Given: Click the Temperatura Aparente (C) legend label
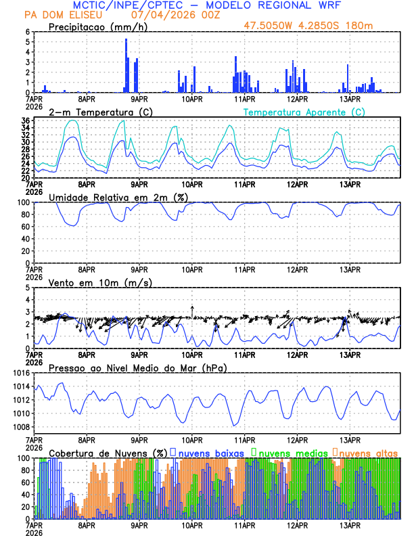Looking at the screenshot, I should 304,112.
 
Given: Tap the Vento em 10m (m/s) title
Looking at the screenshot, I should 91,282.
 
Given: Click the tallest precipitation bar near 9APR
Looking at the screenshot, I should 126,65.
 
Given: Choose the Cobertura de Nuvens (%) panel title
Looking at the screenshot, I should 107,452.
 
